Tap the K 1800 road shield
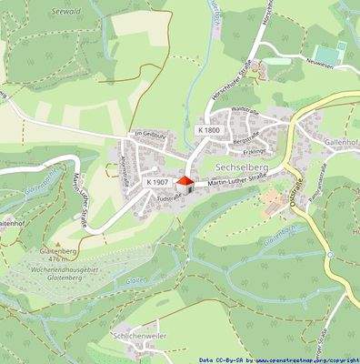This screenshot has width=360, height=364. [208, 131]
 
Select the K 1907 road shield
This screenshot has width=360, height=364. [157, 183]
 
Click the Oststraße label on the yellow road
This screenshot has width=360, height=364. [294, 195]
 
